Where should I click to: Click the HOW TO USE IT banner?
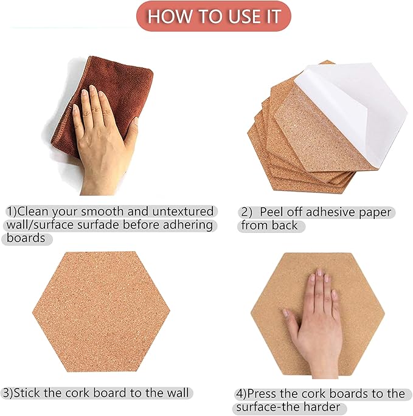(x=213, y=16)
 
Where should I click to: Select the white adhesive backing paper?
(x=347, y=109)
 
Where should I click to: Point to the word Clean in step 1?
(x=35, y=212)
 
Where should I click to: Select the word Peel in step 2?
(x=273, y=212)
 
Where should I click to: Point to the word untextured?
(x=183, y=212)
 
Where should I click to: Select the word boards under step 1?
(x=26, y=238)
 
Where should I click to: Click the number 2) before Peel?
(x=246, y=212)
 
